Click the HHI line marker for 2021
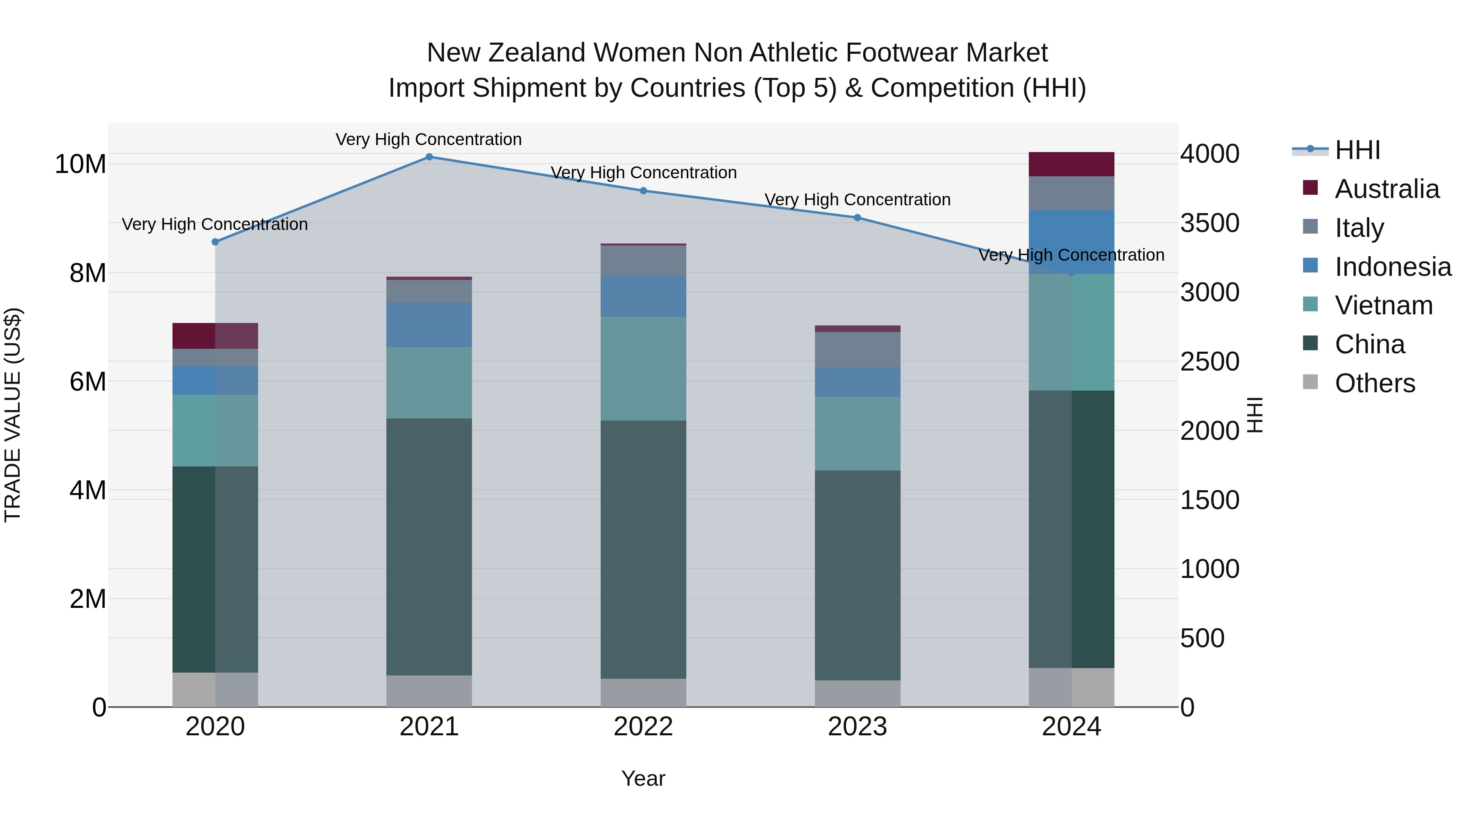429,157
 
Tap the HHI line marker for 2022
643,191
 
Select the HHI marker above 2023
857,218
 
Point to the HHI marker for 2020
215,242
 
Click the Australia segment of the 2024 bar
1071,164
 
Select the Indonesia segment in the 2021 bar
429,325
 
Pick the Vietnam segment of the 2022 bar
643,369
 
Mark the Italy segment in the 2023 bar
857,350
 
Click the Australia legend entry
1386,189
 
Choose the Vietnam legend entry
1383,305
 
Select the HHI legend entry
1357,150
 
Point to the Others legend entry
1374,383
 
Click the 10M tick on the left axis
80,164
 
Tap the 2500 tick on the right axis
1210,362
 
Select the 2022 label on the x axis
643,727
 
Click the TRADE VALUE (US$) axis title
13,415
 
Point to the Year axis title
643,778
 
